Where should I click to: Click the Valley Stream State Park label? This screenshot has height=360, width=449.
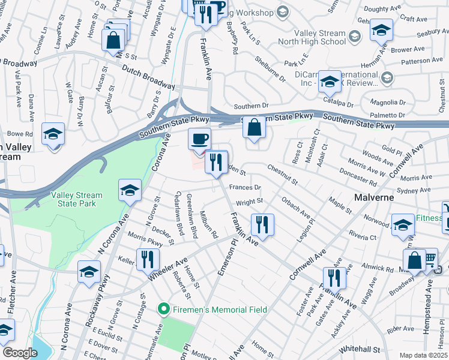[x=76, y=199]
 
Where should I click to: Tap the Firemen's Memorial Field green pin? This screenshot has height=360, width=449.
[x=161, y=310]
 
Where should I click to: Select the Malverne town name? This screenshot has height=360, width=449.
[x=373, y=197]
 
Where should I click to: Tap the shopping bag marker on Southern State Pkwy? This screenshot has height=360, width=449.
[x=255, y=127]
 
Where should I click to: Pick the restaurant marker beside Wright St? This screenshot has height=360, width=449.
[x=262, y=224]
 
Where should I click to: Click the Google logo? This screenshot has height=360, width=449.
[x=20, y=353]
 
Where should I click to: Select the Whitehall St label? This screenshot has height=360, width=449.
[x=358, y=349]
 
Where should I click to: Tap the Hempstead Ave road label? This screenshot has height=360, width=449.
[x=430, y=300]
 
